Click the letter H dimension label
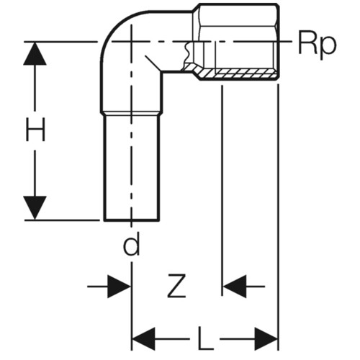[35, 130]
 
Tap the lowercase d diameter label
[131, 244]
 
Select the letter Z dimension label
[176, 286]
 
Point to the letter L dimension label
[205, 338]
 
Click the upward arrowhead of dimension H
[35, 53]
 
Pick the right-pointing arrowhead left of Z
[119, 287]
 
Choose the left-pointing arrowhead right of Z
[235, 287]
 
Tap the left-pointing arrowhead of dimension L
[144, 339]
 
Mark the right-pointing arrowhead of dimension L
[266, 339]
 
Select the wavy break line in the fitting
[186, 53]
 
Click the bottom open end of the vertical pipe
[132, 220]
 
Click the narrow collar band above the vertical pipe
[131, 113]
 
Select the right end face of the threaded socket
[278, 41]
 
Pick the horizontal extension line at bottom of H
[62, 220]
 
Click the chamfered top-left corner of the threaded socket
[197, 7]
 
